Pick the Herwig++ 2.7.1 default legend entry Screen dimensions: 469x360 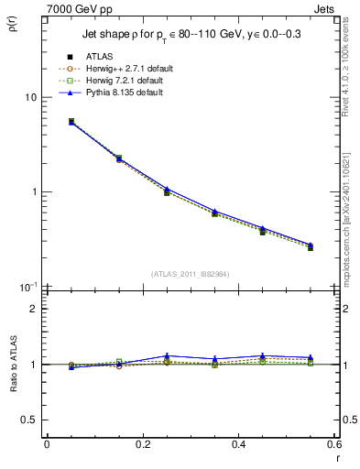127,69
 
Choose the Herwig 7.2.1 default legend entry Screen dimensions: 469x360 125,81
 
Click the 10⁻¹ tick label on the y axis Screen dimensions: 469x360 26,287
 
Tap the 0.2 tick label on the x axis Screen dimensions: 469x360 142,444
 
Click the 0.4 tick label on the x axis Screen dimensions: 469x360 238,444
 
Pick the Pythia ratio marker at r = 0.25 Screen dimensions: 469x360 167,355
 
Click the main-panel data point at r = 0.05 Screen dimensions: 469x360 71,121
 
